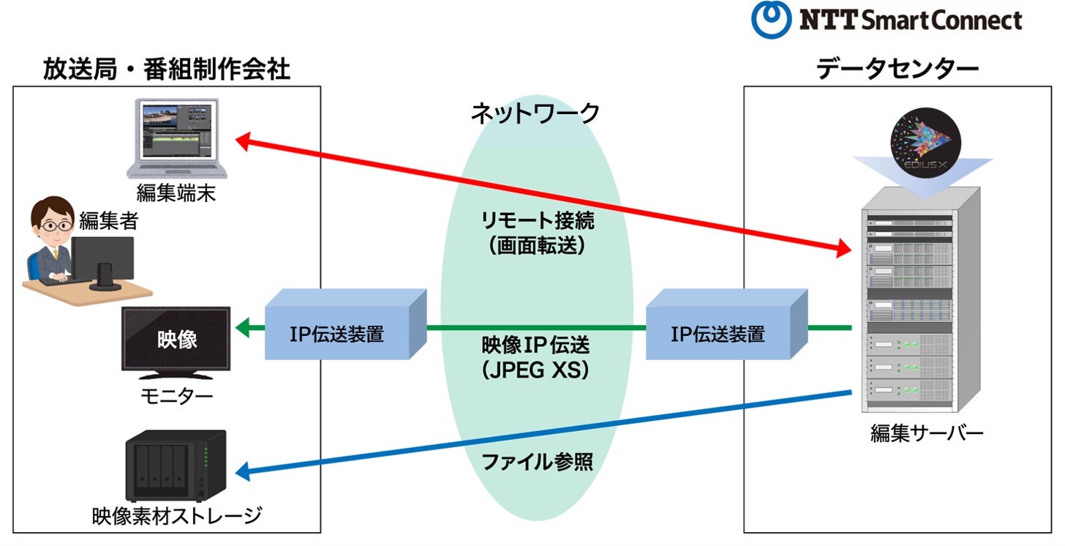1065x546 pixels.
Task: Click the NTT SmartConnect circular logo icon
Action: [771, 20]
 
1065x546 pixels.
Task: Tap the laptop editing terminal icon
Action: [178, 138]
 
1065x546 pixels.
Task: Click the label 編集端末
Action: [177, 193]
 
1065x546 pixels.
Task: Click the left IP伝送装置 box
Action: [336, 335]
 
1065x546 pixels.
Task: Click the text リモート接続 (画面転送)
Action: [537, 233]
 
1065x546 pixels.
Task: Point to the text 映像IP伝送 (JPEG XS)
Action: [535, 357]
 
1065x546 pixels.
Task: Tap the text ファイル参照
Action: [537, 463]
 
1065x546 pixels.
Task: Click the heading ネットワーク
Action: [535, 113]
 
